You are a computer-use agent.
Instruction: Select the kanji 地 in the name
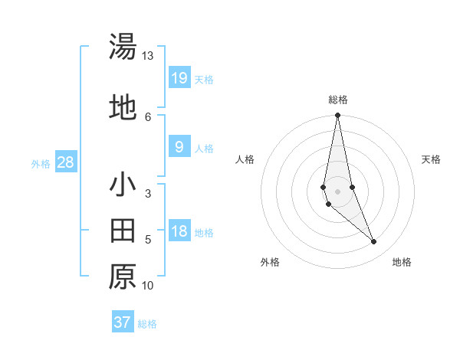point(123,108)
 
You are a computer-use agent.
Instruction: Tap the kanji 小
point(123,185)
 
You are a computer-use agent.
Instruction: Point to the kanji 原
point(123,277)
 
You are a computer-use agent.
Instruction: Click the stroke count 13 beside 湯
point(148,56)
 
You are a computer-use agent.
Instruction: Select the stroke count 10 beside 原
point(148,286)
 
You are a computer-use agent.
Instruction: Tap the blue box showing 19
point(179,77)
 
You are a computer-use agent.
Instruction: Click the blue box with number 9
point(179,147)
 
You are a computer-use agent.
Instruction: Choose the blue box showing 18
point(179,231)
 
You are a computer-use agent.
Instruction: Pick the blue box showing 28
point(65,162)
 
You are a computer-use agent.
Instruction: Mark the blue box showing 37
point(122,322)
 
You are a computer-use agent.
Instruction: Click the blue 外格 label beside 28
point(41,163)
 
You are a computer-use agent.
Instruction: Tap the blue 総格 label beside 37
point(147,324)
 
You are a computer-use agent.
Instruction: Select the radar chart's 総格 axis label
point(338,100)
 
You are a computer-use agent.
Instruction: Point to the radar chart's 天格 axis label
point(432,159)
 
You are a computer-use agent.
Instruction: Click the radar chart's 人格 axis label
point(245,159)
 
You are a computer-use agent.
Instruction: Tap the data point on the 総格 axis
point(338,116)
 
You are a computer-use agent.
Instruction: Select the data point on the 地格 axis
point(374,242)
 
